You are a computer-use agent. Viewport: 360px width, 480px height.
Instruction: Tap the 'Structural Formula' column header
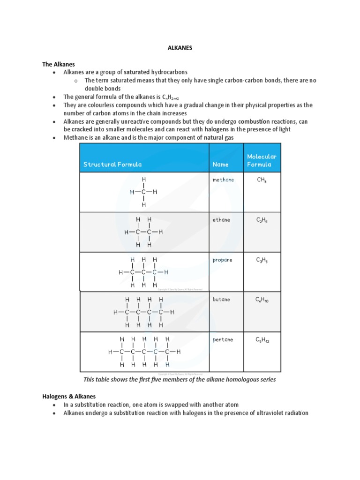tap(112, 165)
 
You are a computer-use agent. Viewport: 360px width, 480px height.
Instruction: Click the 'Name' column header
tap(220, 165)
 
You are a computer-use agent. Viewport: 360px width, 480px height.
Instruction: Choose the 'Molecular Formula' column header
tap(262, 160)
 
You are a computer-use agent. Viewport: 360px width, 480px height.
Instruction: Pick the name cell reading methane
tap(223, 180)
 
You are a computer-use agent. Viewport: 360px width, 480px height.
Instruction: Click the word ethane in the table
tap(221, 220)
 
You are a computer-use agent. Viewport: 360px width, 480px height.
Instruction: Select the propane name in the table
tap(222, 260)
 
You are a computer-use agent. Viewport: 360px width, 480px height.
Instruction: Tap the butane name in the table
tap(221, 300)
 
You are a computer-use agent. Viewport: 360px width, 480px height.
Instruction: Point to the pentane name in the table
tap(223, 340)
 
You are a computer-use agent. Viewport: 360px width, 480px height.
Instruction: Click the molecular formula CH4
tap(262, 180)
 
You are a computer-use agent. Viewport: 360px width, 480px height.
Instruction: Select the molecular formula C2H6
tap(262, 220)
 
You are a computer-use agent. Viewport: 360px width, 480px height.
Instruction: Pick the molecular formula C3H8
tap(262, 260)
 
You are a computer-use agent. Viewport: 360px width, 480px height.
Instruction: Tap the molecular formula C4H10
tap(262, 300)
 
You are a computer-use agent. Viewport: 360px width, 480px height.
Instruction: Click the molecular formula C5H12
tap(262, 340)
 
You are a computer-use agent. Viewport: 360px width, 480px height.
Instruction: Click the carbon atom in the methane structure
tap(143, 192)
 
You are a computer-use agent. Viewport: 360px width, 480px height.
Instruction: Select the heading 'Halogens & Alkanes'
tap(69, 397)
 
